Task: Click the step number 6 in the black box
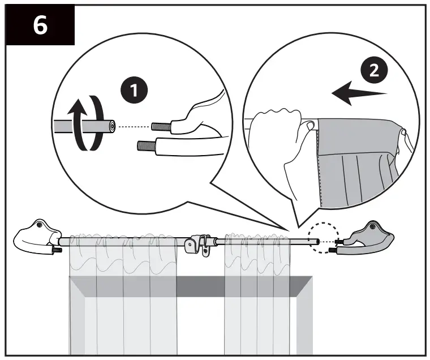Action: [x=40, y=25]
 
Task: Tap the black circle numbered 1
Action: [x=134, y=90]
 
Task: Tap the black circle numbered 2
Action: [x=374, y=71]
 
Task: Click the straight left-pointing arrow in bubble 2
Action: [x=359, y=93]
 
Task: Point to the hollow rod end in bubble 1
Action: [x=111, y=126]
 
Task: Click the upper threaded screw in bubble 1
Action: [x=161, y=126]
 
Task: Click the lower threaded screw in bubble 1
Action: [x=147, y=144]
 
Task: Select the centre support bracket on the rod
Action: [x=198, y=245]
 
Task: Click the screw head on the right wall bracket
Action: [x=372, y=226]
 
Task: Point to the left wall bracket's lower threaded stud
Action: [x=58, y=250]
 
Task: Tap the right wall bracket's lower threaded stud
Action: [x=333, y=251]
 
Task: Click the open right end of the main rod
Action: [x=317, y=242]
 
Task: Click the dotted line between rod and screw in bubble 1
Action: [x=134, y=126]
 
